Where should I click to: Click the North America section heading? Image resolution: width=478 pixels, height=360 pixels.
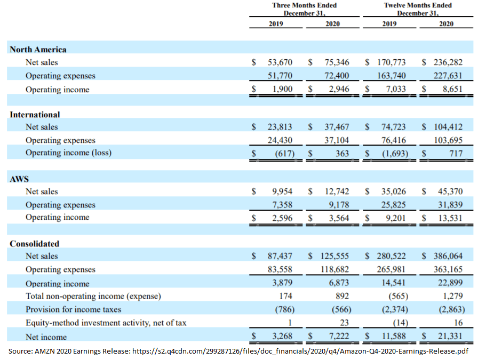[38, 50]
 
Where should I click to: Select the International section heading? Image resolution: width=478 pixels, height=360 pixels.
[35, 115]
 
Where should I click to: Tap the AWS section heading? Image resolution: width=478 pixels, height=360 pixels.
[19, 179]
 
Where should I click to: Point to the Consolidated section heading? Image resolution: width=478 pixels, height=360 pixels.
[35, 244]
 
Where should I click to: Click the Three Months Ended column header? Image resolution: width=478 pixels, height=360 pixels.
[304, 9]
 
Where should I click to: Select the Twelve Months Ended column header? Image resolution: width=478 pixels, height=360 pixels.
[418, 9]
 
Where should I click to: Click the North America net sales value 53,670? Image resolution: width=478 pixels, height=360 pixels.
[280, 63]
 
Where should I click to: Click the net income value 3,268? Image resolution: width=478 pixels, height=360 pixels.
[282, 337]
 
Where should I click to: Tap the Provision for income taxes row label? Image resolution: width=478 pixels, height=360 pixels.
[74, 309]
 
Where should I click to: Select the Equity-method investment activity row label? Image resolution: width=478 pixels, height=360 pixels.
[106, 323]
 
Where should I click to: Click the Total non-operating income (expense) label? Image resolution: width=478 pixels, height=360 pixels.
[93, 296]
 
